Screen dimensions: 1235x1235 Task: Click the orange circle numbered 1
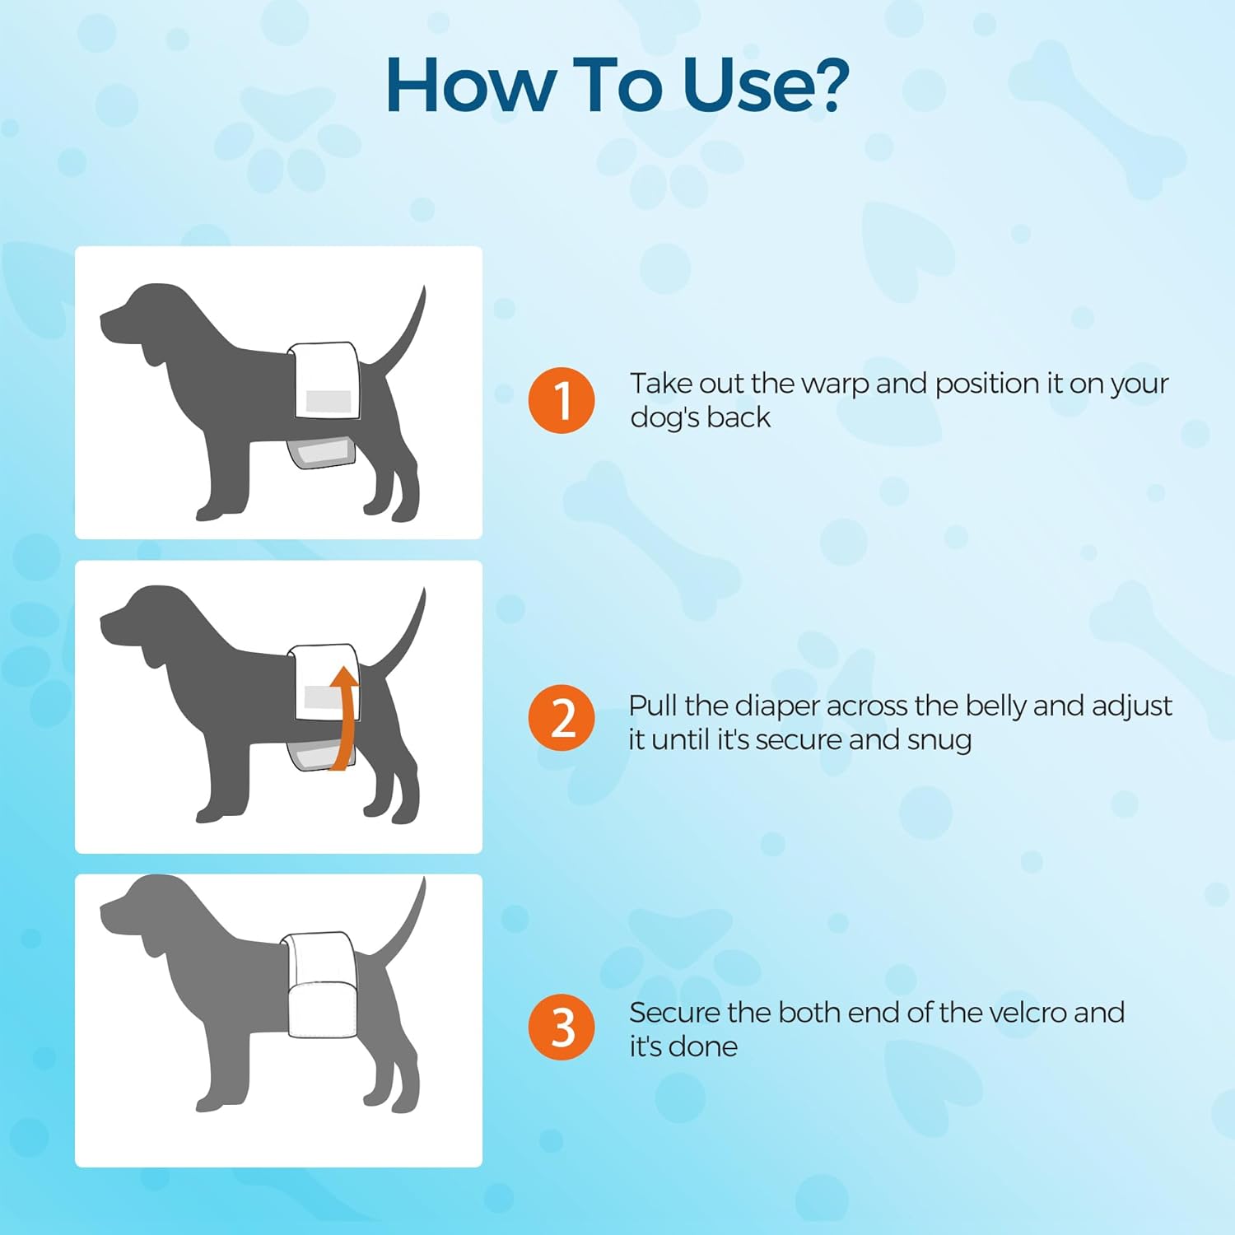point(562,400)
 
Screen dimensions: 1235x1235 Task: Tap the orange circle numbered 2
point(562,718)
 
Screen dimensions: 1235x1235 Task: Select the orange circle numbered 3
point(562,1027)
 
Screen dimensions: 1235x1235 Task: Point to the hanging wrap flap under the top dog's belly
point(321,450)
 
